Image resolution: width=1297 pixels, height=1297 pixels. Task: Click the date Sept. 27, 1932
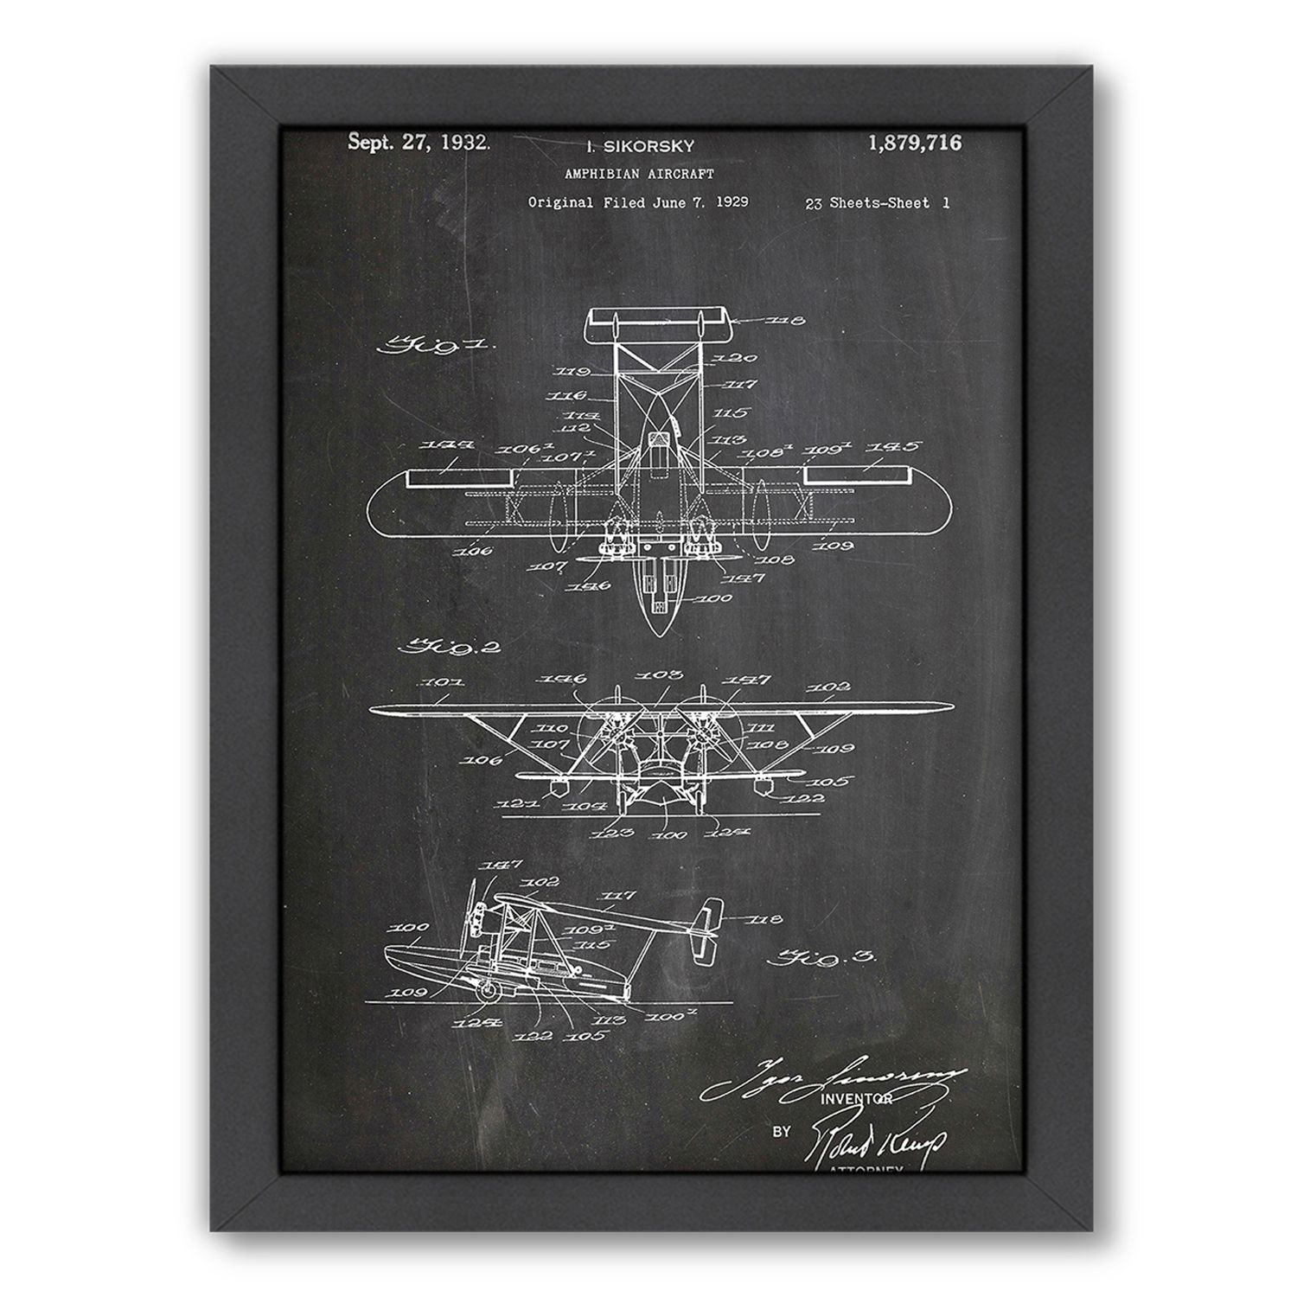(418, 143)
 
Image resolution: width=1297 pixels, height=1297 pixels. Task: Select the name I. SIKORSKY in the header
(641, 147)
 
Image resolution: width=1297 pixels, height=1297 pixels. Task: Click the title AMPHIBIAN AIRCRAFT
(639, 174)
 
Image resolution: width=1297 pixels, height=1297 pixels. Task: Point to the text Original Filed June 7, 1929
(638, 202)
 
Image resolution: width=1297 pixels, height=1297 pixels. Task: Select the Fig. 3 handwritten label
(822, 958)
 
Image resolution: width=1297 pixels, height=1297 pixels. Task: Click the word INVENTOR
(861, 1099)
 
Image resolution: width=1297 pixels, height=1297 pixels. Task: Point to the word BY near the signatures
(781, 1130)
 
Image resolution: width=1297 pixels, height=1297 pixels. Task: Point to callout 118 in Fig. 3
(766, 919)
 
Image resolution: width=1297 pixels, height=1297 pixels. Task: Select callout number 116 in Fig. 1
(573, 396)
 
